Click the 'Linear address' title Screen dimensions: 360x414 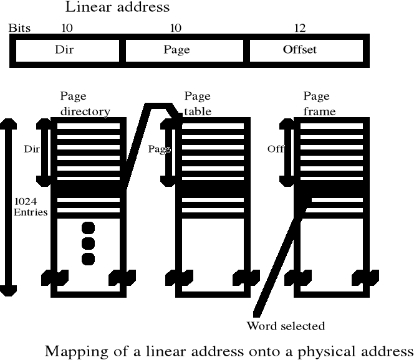(x=117, y=8)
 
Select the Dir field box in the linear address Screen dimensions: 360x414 (x=65, y=50)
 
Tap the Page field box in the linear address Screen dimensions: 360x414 (x=176, y=50)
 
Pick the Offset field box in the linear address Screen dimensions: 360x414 (x=299, y=50)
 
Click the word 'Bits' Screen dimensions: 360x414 (x=19, y=28)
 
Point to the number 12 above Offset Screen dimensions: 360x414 (x=299, y=28)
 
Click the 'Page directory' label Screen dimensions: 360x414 (x=85, y=104)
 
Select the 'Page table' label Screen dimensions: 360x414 (x=198, y=104)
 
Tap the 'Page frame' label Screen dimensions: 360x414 (x=319, y=104)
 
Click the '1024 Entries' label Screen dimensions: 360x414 (x=31, y=207)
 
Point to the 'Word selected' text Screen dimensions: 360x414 (x=286, y=326)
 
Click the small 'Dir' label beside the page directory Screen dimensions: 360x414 (x=32, y=149)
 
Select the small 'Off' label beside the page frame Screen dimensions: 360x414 (x=275, y=149)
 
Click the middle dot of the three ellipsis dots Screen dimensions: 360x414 (x=88, y=243)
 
